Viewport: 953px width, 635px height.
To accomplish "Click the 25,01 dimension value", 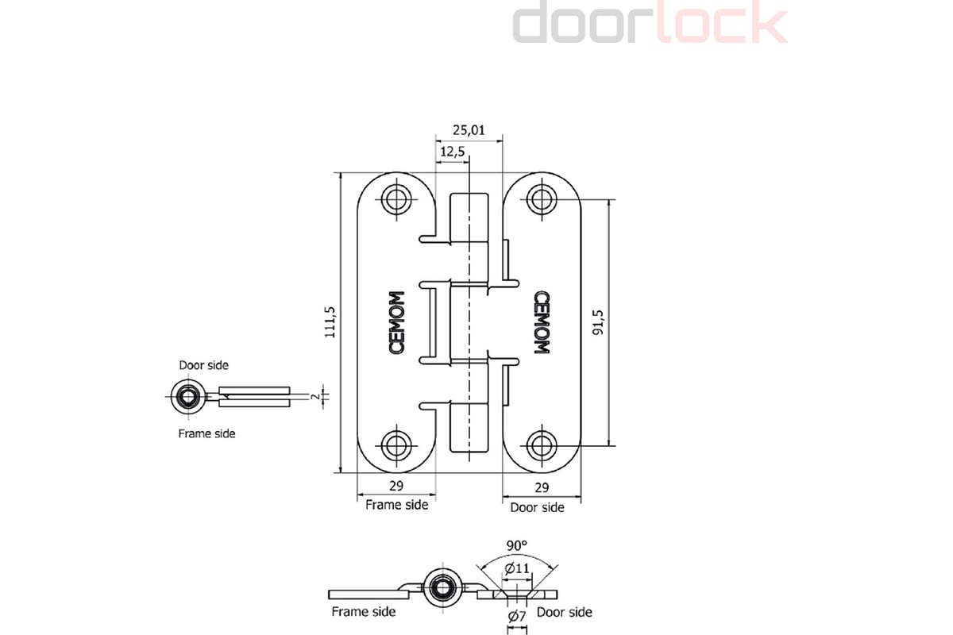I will coord(469,130).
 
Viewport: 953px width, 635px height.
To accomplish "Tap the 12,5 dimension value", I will coord(451,152).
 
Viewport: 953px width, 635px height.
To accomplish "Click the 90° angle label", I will coord(517,546).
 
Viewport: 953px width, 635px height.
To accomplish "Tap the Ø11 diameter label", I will coord(517,568).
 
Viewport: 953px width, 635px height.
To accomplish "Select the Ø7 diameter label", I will coord(517,617).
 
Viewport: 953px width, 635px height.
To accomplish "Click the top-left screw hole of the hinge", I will coord(395,198).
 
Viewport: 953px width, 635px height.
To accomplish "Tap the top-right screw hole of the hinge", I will coord(542,198).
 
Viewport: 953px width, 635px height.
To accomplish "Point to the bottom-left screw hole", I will coord(395,444).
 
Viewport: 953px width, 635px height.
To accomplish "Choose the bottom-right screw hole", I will coord(542,444).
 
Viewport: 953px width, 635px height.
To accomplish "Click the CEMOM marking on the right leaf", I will coord(542,322).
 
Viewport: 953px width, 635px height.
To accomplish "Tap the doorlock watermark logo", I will coord(650,24).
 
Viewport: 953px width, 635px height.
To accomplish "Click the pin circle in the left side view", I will coord(188,395).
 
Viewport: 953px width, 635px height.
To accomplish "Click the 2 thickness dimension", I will coord(315,395).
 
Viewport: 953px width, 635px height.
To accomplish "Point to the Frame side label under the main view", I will coord(396,505).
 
